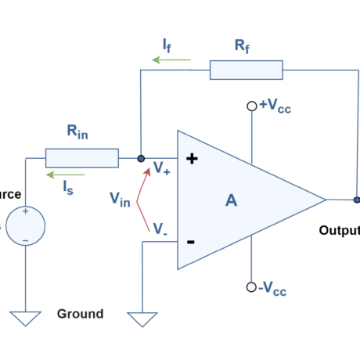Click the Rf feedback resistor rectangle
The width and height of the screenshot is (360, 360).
pyautogui.click(x=246, y=70)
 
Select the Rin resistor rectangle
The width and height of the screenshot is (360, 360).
pyautogui.click(x=81, y=158)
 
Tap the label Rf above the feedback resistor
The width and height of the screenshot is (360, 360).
pyautogui.click(x=243, y=46)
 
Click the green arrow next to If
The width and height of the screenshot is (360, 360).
pyautogui.click(x=171, y=59)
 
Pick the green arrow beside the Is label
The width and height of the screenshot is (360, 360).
pyautogui.click(x=65, y=175)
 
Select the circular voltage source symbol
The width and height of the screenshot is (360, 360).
pyautogui.click(x=25, y=226)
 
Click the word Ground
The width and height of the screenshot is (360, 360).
pyautogui.click(x=80, y=314)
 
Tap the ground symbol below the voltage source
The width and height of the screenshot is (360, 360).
pyautogui.click(x=25, y=318)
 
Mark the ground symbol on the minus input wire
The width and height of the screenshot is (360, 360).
pyautogui.click(x=142, y=319)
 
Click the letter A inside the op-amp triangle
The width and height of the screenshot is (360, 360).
pyautogui.click(x=231, y=200)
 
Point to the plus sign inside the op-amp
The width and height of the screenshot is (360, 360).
pyautogui.click(x=191, y=159)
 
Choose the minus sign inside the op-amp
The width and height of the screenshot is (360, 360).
pyautogui.click(x=190, y=242)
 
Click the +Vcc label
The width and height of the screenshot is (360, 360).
pyautogui.click(x=275, y=106)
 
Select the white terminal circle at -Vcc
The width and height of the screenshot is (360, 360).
pyautogui.click(x=251, y=287)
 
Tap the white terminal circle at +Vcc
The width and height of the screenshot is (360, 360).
pyautogui.click(x=251, y=106)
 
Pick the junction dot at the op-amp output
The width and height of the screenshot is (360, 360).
pyautogui.click(x=357, y=200)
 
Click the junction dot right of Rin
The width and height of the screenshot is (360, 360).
pyautogui.click(x=141, y=158)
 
